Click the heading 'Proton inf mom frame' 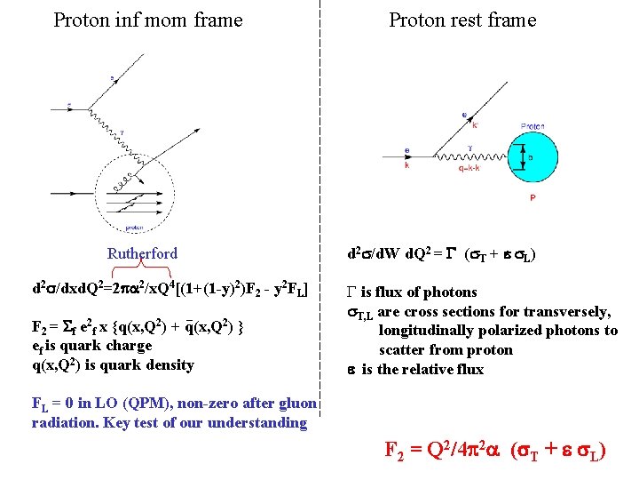click(147, 20)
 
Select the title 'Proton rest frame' click(462, 20)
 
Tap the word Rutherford click(142, 253)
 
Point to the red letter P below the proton click(532, 198)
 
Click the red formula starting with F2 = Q click(495, 450)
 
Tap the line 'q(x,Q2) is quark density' click(112, 364)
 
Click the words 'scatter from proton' click(446, 350)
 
